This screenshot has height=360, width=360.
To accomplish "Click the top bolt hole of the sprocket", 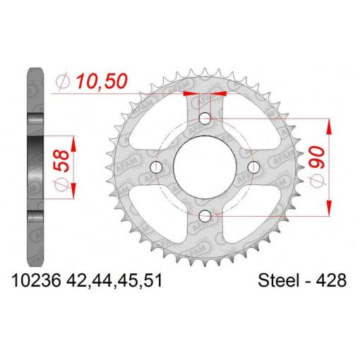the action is [205, 119].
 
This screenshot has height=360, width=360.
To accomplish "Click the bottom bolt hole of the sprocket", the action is [205, 216].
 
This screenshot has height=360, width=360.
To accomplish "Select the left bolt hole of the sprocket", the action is [156, 167].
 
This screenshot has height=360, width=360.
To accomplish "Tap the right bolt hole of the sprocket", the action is [253, 167].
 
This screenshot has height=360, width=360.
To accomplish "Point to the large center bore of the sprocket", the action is [205, 167].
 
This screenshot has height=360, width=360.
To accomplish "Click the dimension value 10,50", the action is [102, 81].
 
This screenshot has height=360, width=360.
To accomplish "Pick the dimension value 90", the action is [317, 157].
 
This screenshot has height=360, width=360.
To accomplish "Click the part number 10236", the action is [37, 280].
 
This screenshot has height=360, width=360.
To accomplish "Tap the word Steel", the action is [279, 280].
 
